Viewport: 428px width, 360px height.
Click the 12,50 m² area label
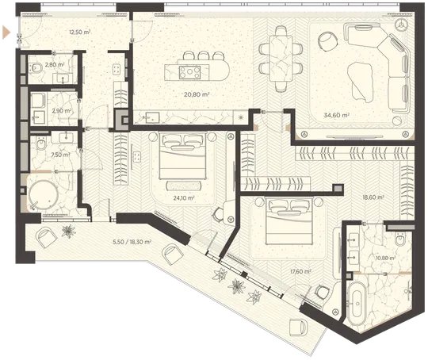(80, 33)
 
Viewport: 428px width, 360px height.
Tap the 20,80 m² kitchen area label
(197, 95)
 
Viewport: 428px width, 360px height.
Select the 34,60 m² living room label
(337, 115)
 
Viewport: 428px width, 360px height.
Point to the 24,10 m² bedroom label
(184, 197)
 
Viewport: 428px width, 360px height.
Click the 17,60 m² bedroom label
(300, 271)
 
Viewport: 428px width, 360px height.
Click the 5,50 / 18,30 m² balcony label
(132, 242)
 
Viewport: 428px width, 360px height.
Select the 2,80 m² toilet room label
(55, 65)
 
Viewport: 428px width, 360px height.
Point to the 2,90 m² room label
(62, 111)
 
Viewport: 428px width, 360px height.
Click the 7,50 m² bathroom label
(60, 155)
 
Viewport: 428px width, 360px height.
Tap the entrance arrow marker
(6, 33)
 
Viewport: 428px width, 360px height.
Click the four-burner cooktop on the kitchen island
(189, 72)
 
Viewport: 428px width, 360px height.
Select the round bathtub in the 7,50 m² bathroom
(44, 194)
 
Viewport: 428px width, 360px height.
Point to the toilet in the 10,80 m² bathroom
(400, 239)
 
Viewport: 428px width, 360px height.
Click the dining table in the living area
(281, 59)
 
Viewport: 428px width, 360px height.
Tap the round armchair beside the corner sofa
(328, 41)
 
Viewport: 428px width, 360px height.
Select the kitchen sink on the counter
(152, 117)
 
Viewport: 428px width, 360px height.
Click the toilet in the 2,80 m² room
(36, 67)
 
